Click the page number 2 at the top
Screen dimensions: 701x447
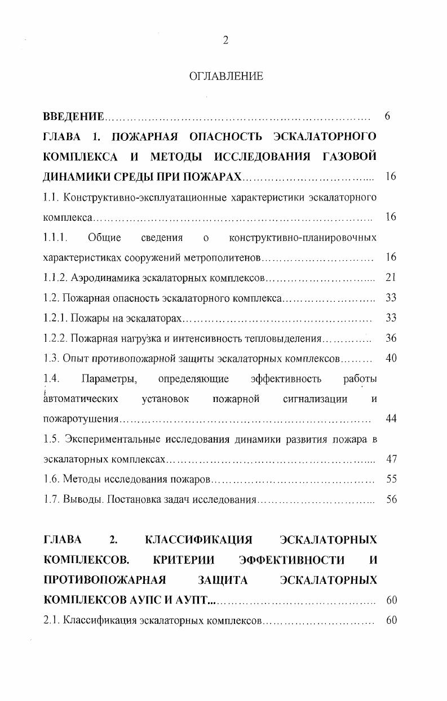(x=225, y=40)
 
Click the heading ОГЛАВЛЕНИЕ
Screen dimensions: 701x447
(x=225, y=76)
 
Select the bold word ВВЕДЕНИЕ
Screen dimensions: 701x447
(x=73, y=117)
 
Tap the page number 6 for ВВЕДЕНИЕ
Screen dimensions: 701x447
(x=387, y=117)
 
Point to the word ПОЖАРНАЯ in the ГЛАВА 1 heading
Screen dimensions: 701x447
(x=145, y=137)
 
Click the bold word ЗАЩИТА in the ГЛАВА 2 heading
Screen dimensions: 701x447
(x=223, y=580)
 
